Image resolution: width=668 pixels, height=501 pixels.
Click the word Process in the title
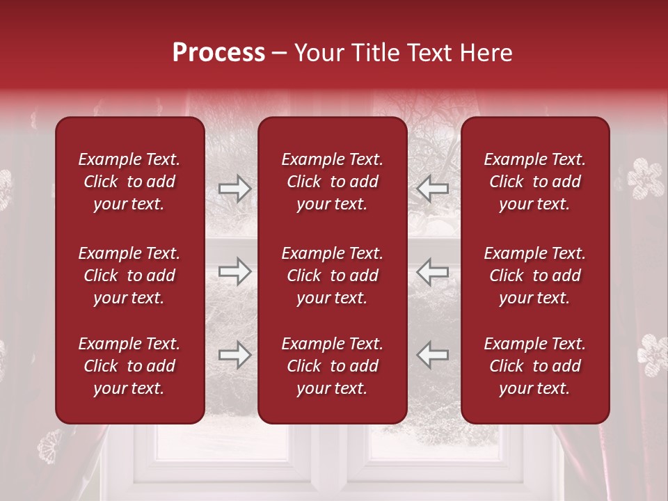click(218, 53)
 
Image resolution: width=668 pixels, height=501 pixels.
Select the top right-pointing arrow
click(235, 189)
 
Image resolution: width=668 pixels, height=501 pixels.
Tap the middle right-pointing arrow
click(235, 271)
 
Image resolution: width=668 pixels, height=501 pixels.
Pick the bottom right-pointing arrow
click(235, 355)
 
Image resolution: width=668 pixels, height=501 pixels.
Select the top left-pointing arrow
click(433, 189)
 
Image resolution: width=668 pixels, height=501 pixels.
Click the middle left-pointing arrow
click(433, 271)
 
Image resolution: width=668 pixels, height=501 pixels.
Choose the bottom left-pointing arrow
click(433, 355)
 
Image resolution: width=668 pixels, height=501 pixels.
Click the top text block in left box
click(129, 182)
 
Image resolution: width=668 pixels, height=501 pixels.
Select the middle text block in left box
click(129, 276)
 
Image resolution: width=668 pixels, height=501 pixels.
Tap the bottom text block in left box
click(129, 366)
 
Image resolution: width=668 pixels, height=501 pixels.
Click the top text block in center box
click(332, 182)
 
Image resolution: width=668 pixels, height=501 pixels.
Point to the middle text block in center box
click(332, 276)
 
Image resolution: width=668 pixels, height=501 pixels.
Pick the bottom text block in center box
click(332, 366)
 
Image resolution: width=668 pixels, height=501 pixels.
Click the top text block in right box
click(534, 182)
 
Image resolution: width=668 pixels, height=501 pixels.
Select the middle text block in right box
click(534, 276)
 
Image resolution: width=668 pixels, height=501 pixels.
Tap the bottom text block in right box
click(534, 366)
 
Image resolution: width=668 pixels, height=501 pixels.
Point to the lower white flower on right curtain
click(653, 354)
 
